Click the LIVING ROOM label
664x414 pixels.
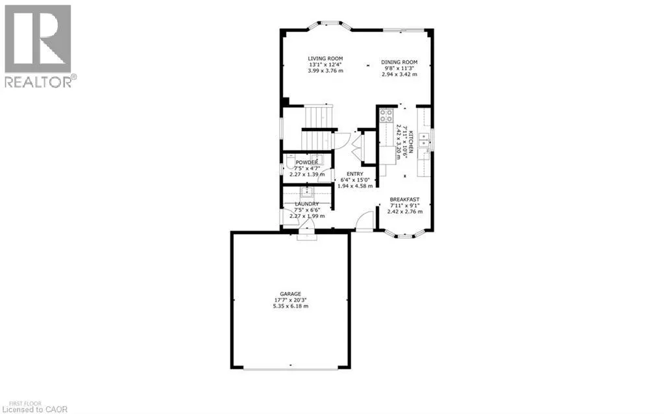[325, 58]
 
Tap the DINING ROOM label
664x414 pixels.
[399, 61]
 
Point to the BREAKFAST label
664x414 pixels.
[404, 199]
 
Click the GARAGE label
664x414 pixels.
[290, 294]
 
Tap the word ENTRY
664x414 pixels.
[355, 173]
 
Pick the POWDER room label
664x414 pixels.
[307, 162]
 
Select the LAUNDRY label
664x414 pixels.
[307, 204]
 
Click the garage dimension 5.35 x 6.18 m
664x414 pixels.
[290, 306]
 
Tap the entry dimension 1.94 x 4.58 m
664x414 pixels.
[355, 186]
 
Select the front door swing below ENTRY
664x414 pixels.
[365, 223]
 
